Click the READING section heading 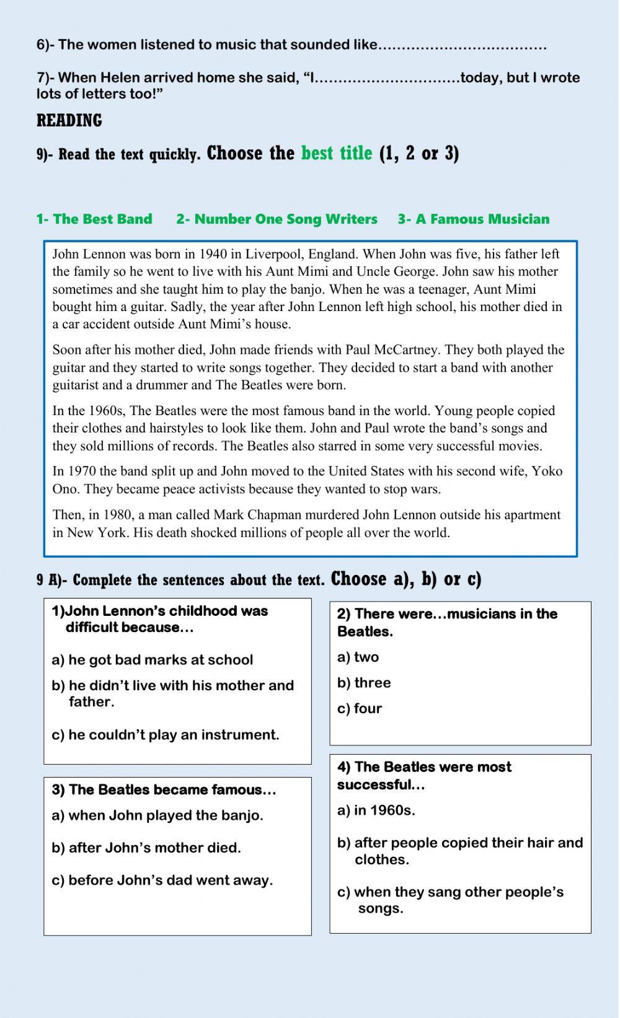[x=69, y=120]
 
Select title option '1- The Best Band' [x=94, y=219]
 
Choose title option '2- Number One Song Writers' [x=277, y=219]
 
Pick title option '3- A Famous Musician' [x=474, y=219]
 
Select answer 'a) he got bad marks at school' [x=153, y=660]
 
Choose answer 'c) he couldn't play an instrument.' [x=166, y=735]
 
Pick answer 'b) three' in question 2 [x=364, y=683]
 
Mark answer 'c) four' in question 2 [x=360, y=708]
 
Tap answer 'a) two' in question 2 [x=358, y=657]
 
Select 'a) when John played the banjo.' [x=157, y=815]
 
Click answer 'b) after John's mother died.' [x=146, y=848]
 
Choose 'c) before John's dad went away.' [x=162, y=880]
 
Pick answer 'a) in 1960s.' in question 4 [x=376, y=810]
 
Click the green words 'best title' [x=337, y=153]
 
